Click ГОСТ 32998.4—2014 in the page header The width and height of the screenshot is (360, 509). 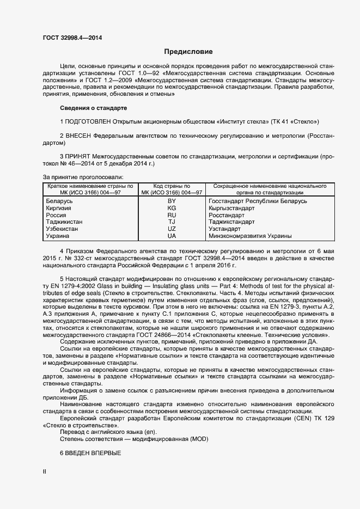[x=72, y=38]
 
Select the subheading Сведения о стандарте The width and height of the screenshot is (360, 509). [x=93, y=108]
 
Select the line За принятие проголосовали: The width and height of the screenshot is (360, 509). [x=83, y=177]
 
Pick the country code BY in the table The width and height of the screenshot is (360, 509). [x=172, y=201]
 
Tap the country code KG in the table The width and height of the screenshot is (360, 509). [x=172, y=208]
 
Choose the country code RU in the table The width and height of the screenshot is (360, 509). [x=172, y=215]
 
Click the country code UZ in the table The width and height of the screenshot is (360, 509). [x=172, y=229]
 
